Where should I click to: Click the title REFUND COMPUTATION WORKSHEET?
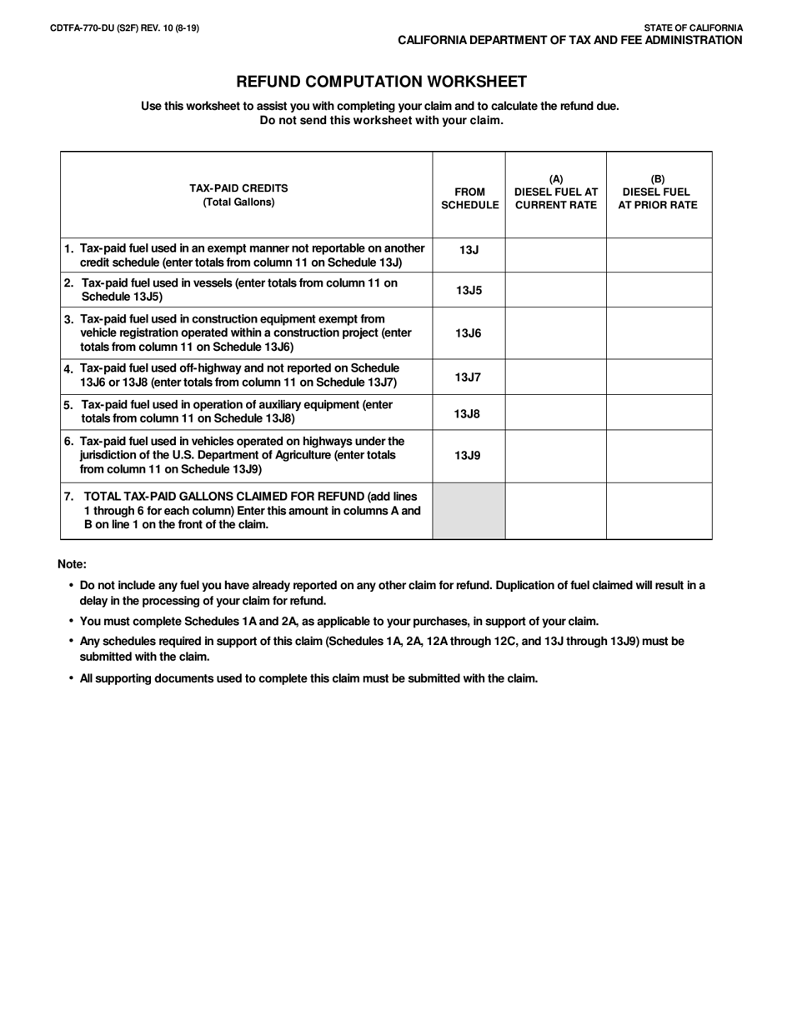pos(381,82)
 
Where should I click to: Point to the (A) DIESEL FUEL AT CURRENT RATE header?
pos(556,192)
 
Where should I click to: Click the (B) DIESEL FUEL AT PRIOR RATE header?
pos(658,192)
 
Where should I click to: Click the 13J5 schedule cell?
pos(469,290)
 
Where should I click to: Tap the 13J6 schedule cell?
pos(469,333)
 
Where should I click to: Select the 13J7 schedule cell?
pos(469,377)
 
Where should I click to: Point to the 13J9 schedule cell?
pos(469,456)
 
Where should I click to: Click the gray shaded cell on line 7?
pos(469,511)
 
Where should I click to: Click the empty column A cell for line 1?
pos(556,255)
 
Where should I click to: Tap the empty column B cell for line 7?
pos(659,511)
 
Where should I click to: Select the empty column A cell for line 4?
pos(556,377)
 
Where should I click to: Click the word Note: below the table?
pos(72,564)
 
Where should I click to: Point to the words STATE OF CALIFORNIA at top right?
pos(693,27)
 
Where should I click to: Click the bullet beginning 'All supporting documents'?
pos(308,678)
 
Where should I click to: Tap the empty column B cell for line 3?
pos(659,333)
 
